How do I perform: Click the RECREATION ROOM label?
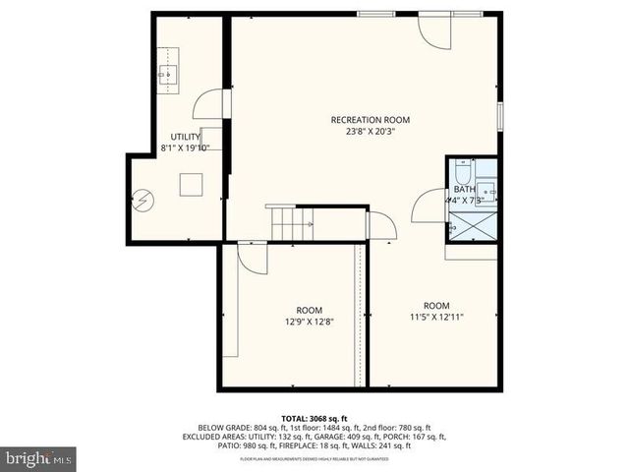(x=371, y=120)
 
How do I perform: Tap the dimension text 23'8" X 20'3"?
(x=371, y=132)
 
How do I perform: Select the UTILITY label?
(x=186, y=137)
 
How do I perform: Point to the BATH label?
(x=465, y=189)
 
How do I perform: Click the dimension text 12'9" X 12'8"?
(x=310, y=321)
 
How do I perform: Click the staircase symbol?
(x=291, y=223)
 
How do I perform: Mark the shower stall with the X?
(x=473, y=225)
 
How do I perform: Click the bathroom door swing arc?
(x=429, y=206)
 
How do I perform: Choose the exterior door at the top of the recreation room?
(x=432, y=29)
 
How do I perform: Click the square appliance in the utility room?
(x=191, y=185)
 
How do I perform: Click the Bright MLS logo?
(x=39, y=457)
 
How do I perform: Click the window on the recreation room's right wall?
(x=499, y=114)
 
